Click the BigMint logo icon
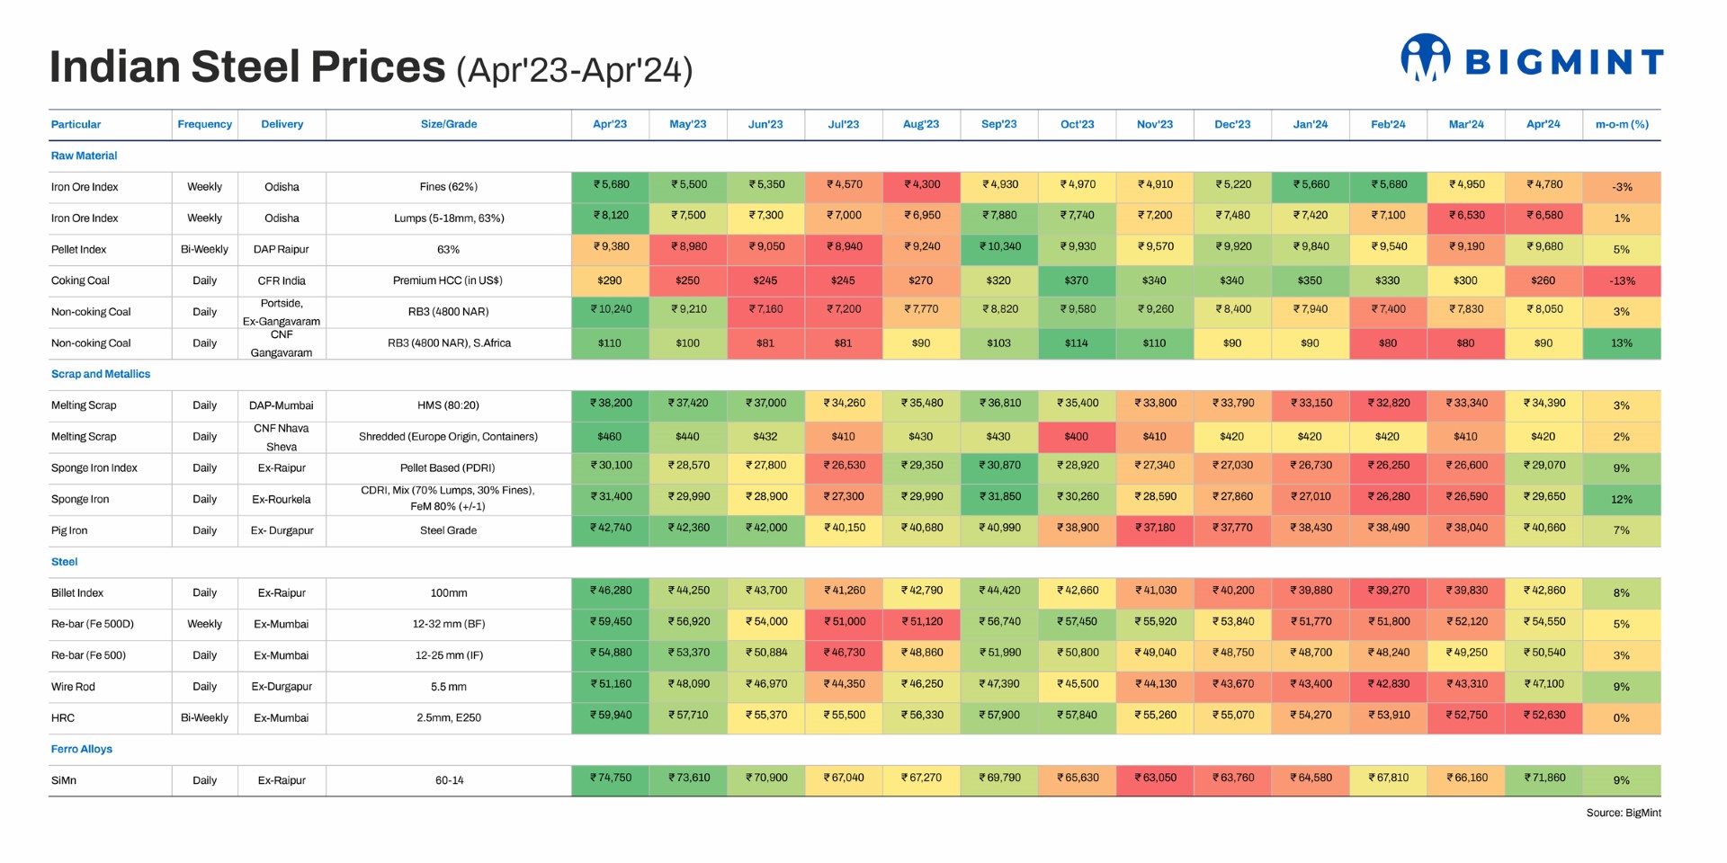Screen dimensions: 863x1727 pyautogui.click(x=1425, y=58)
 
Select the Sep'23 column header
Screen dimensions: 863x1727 pyautogui.click(x=998, y=125)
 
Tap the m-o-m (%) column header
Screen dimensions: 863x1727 pyautogui.click(x=1621, y=125)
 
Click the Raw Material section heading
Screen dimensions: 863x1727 pyautogui.click(x=84, y=156)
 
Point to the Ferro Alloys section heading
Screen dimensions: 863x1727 pyautogui.click(x=81, y=749)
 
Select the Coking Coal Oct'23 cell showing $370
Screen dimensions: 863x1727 pyautogui.click(x=1076, y=280)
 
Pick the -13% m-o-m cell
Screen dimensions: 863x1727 pyautogui.click(x=1621, y=280)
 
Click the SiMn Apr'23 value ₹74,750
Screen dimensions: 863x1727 pyautogui.click(x=610, y=778)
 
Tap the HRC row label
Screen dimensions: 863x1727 pyautogui.click(x=63, y=717)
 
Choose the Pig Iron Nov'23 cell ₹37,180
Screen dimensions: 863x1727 pyautogui.click(x=1154, y=529)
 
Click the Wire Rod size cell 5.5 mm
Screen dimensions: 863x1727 pyautogui.click(x=448, y=687)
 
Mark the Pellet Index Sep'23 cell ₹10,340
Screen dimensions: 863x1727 pyautogui.click(x=998, y=247)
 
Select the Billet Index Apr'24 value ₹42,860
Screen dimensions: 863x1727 pyautogui.click(x=1544, y=592)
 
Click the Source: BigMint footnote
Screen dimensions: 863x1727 pyautogui.click(x=1623, y=813)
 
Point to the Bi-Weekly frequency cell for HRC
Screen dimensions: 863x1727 pyautogui.click(x=204, y=717)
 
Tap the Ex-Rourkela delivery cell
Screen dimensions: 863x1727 pyautogui.click(x=282, y=499)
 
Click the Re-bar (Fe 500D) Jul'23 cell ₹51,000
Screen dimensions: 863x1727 pyautogui.click(x=843, y=622)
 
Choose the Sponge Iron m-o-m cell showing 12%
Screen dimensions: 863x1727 pyautogui.click(x=1621, y=499)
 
